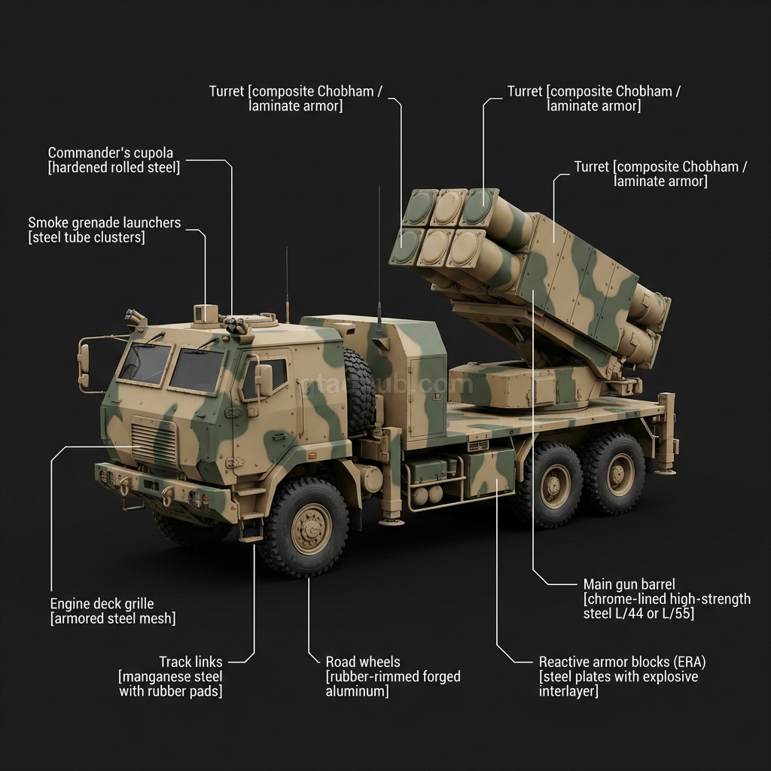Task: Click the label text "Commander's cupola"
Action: pos(110,153)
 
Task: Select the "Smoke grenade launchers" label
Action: pos(105,223)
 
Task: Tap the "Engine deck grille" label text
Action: pos(102,604)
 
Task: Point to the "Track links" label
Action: pos(190,662)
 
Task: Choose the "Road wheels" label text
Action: pos(363,662)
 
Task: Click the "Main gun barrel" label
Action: pos(629,584)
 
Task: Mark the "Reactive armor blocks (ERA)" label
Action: pos(622,662)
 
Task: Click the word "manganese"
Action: pos(156,676)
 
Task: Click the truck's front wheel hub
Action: pos(311,528)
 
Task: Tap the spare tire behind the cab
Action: pos(359,392)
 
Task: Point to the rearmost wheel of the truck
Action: pos(614,474)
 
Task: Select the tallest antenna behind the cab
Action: pos(379,256)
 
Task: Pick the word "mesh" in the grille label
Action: pos(159,619)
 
